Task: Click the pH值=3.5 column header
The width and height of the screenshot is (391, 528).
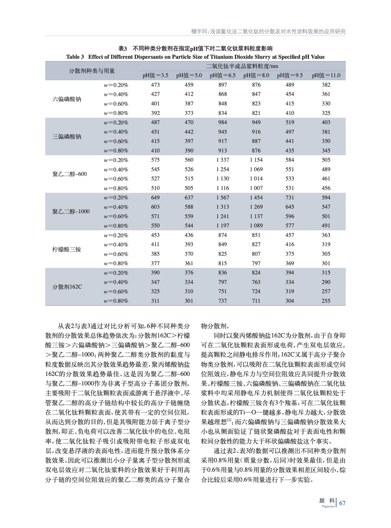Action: pos(155,75)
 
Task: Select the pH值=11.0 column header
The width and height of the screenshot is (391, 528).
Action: pos(326,75)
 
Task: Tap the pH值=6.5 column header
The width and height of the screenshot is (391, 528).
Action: pos(222,75)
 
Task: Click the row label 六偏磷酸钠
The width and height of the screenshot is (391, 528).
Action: pos(67,99)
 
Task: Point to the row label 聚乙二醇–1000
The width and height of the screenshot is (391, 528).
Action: pos(71,212)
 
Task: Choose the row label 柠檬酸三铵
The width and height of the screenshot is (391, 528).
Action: pos(67,249)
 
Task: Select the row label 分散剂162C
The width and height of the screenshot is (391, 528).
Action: pos(67,287)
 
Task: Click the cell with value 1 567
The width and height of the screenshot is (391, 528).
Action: pos(222,198)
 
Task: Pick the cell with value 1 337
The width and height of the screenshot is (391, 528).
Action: pos(222,160)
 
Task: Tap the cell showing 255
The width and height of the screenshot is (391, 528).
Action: pos(326,301)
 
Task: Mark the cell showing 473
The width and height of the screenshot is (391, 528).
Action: pos(155,85)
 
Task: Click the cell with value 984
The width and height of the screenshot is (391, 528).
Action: pos(222,122)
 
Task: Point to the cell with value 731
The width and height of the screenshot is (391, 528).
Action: pos(290,198)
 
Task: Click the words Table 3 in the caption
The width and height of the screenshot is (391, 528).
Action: pos(75,57)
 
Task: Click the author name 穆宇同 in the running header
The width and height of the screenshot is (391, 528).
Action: pos(199,31)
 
